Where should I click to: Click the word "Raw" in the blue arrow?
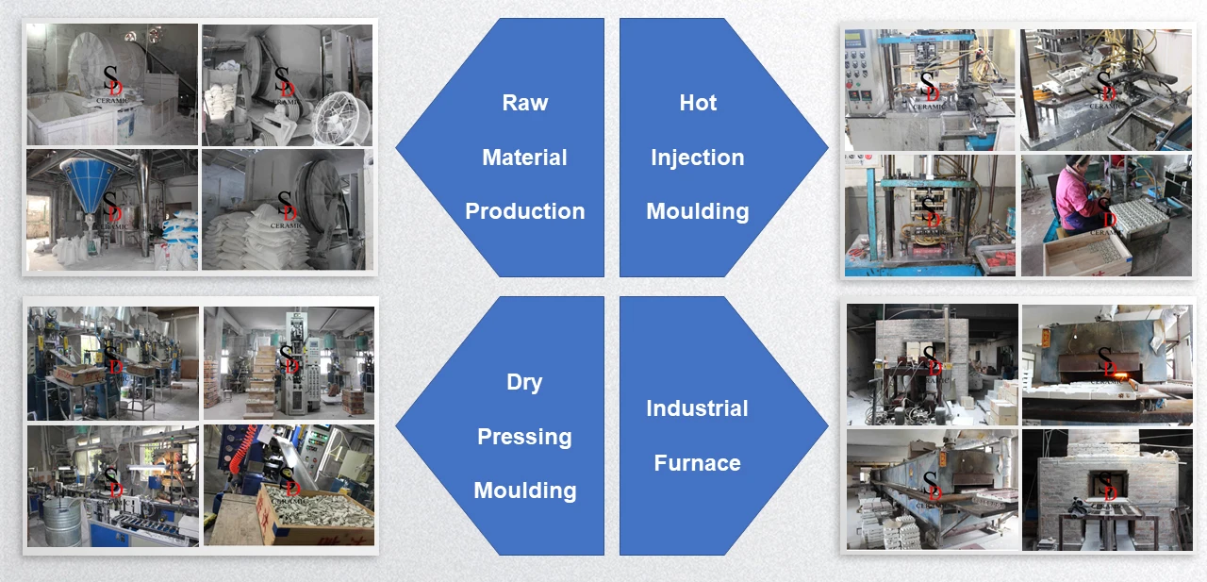pos(524,103)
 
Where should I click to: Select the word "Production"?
pos(524,211)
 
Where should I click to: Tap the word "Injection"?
pos(697,158)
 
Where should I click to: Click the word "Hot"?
pos(698,103)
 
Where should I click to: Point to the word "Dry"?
pos(524,382)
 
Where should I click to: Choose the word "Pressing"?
pos(524,437)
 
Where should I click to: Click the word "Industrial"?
pos(697,408)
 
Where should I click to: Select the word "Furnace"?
pos(697,463)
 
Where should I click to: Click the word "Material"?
pos(524,158)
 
